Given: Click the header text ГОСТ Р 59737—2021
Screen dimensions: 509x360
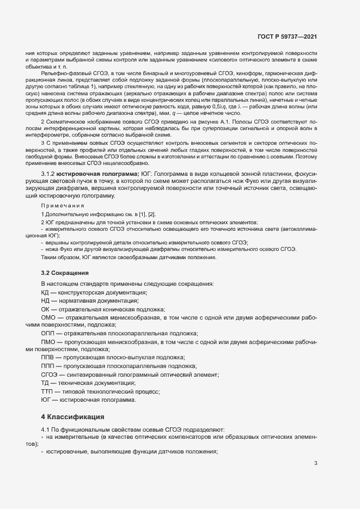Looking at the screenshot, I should click(287, 36).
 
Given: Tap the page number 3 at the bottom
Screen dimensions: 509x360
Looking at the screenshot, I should click(315, 463).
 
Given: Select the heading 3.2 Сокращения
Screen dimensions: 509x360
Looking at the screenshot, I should click(65, 272).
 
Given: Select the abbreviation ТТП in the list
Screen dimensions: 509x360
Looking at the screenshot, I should click(47, 391).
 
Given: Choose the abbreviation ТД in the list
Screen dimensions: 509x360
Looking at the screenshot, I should click(45, 383).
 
